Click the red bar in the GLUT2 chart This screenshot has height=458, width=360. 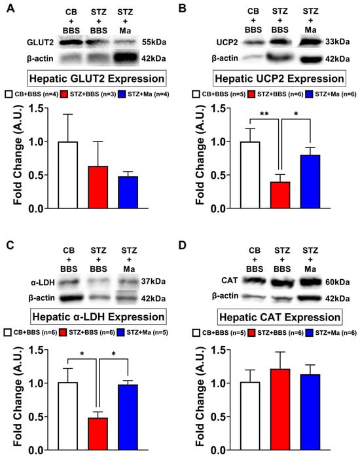98,187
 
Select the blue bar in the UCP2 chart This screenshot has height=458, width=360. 310,181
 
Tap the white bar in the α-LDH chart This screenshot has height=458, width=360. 67,416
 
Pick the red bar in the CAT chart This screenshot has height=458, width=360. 280,410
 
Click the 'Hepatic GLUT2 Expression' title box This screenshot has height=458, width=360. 97,78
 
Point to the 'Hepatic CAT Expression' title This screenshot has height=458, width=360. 279,317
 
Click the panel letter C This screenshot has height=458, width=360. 10,245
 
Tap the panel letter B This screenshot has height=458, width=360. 182,8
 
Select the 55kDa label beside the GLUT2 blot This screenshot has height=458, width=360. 154,42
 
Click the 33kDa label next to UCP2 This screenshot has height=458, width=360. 338,42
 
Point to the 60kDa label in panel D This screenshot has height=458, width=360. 338,282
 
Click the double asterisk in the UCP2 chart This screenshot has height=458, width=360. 264,114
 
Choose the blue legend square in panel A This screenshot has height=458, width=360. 122,94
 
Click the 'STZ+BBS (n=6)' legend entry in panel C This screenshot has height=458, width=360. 88,332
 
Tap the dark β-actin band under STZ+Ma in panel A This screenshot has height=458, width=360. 125,58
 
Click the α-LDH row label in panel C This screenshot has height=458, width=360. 43,282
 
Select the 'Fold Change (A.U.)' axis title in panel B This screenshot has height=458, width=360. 200,155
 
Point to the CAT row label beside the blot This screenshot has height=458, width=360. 230,280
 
